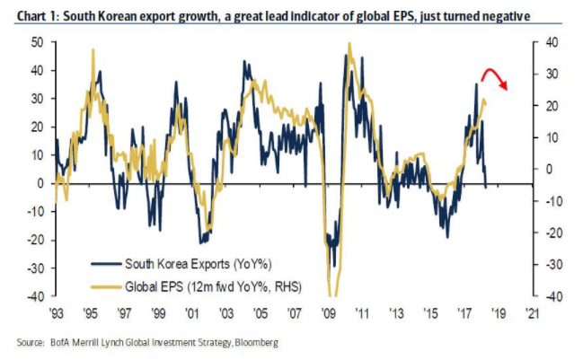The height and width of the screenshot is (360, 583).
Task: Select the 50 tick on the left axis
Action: (x=38, y=42)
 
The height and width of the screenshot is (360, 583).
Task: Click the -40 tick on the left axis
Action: (x=35, y=295)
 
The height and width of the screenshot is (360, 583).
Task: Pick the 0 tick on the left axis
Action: (x=41, y=183)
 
